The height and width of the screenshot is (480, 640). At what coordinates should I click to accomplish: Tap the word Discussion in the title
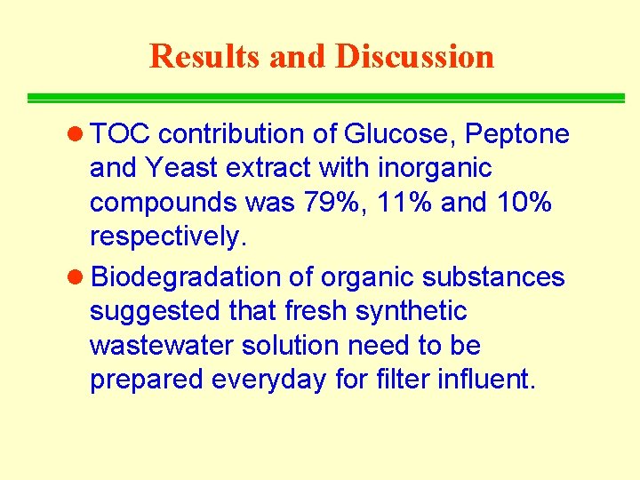[414, 56]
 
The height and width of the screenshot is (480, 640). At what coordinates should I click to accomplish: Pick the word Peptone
[518, 134]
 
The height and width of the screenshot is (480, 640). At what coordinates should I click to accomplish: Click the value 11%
[402, 203]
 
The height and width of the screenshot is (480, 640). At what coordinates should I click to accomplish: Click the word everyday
[272, 380]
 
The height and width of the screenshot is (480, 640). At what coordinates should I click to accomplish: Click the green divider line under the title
[325, 98]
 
